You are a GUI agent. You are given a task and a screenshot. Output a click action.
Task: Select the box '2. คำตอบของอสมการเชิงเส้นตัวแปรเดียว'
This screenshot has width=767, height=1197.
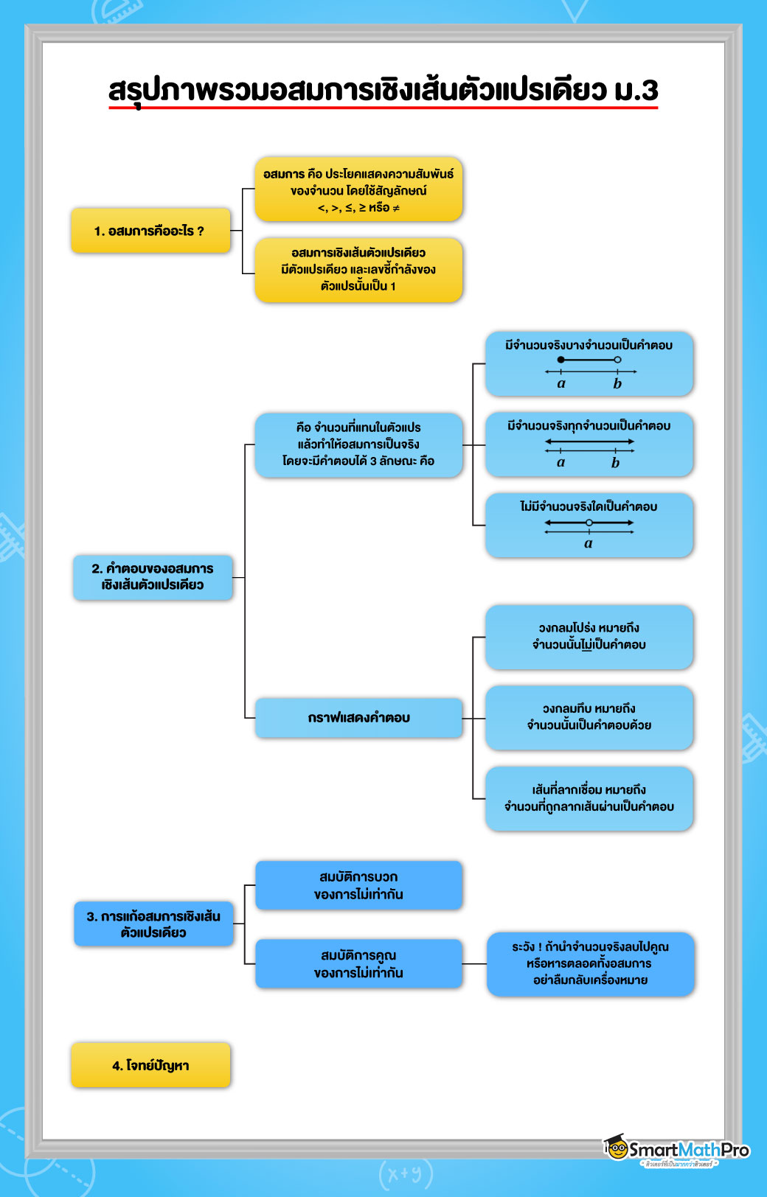153,577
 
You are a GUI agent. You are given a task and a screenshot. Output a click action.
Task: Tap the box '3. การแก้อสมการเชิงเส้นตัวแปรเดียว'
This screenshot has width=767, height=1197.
153,924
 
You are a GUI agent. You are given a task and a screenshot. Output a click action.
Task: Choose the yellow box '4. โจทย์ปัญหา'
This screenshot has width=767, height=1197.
151,1065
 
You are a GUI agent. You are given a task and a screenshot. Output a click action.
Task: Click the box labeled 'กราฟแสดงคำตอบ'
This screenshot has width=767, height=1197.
358,718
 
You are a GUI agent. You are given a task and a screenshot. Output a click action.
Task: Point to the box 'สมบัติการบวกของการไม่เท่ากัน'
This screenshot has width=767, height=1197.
358,885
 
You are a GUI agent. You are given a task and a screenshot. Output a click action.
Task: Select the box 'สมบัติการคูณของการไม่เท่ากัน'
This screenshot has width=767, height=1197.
358,964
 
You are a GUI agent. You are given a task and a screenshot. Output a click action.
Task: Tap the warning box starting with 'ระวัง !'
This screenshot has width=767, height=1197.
590,963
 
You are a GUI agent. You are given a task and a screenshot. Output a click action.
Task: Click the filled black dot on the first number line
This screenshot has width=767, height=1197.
561,360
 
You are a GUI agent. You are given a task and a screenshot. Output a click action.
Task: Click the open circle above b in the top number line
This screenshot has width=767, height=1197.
617,360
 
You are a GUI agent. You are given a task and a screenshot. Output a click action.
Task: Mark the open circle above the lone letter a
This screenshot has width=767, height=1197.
589,523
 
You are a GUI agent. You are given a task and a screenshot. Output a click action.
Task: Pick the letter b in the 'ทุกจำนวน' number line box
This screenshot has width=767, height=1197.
615,463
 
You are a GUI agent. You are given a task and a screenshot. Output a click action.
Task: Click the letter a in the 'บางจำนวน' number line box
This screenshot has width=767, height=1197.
561,383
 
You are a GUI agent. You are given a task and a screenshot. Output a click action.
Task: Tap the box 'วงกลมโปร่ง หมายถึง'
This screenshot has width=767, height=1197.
589,637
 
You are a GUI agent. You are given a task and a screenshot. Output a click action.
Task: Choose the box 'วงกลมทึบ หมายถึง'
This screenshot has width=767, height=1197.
589,717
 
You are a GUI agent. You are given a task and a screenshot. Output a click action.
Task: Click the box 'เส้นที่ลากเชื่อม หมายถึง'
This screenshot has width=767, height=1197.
589,798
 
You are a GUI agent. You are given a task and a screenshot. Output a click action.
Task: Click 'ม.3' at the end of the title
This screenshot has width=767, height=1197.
636,90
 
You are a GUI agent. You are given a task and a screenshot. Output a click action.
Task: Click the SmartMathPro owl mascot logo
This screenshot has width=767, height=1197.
617,1148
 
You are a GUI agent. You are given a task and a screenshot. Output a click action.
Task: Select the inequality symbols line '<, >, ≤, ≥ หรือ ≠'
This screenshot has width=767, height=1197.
358,208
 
